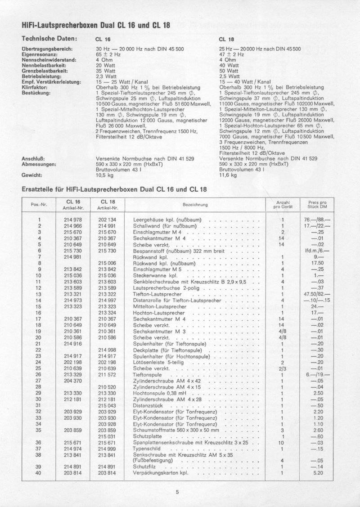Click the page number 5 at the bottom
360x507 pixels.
pos(178,492)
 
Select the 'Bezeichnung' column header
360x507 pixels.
pos(195,205)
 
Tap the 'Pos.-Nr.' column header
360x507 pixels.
pos(40,205)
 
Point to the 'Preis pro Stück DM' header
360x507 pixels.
pos(317,205)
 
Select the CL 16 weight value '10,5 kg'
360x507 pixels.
pos(104,175)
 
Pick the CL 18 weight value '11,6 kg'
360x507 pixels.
pos(228,175)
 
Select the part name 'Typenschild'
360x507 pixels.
pos(148,449)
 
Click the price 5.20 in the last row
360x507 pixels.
pos(317,473)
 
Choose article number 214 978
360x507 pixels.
pos(73,219)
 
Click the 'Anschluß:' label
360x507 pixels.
pos(32,159)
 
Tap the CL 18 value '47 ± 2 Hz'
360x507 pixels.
pos(232,54)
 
